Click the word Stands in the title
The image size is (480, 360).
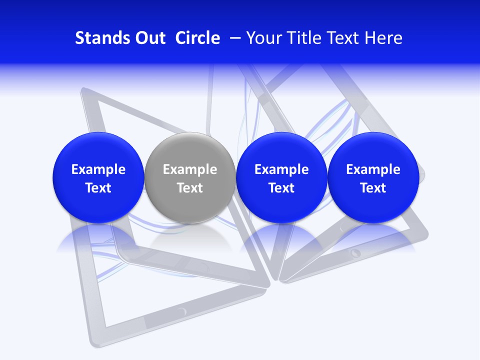click(x=95, y=38)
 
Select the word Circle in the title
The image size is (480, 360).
click(x=197, y=38)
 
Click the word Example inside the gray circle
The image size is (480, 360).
click(x=190, y=169)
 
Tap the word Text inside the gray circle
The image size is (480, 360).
click(x=190, y=188)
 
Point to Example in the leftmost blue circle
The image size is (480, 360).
click(x=98, y=169)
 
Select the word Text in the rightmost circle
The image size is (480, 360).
click(x=373, y=188)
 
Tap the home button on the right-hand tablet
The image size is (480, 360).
click(x=355, y=252)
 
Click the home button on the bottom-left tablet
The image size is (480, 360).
click(x=181, y=311)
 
